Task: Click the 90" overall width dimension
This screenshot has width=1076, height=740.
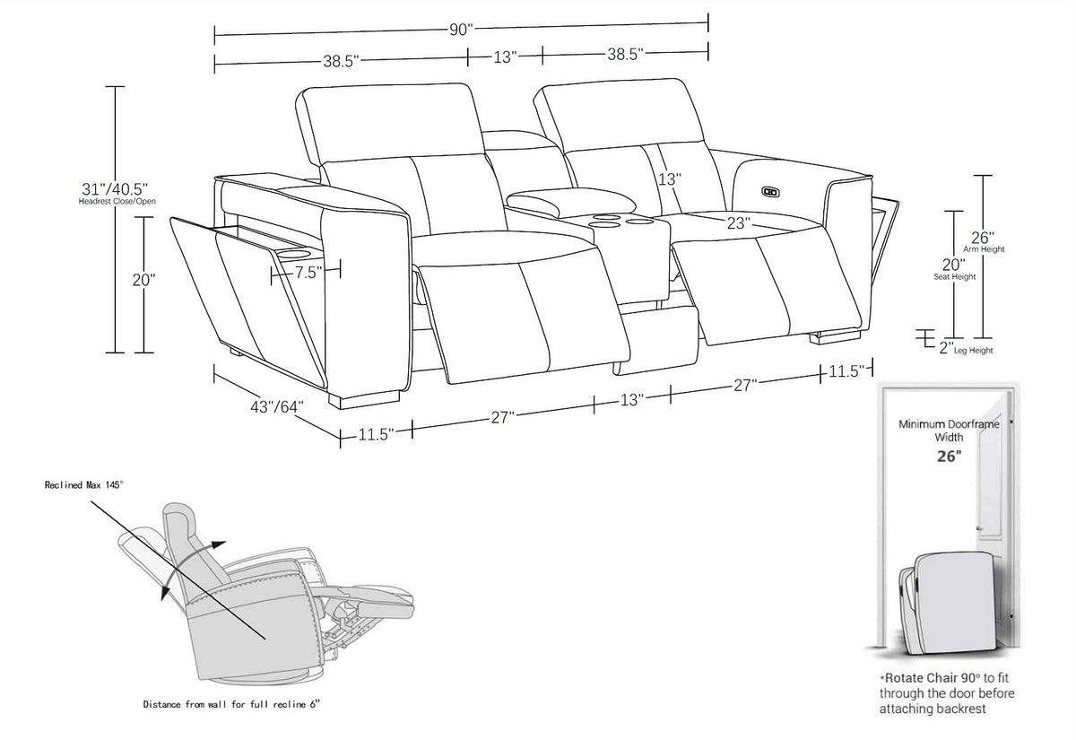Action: tap(461, 30)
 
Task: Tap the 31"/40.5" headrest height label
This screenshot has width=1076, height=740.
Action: tap(115, 188)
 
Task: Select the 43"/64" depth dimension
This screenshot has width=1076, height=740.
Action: tap(277, 407)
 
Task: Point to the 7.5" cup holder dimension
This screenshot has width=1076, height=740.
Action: tap(308, 273)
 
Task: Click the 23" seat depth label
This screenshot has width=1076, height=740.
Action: tap(738, 223)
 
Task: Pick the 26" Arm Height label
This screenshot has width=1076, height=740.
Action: tap(984, 241)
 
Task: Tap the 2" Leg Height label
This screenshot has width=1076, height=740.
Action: tap(966, 348)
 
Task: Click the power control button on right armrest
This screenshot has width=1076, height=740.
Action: tap(770, 192)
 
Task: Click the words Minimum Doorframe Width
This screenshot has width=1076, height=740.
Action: tap(949, 431)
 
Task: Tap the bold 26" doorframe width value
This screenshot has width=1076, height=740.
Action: tap(950, 456)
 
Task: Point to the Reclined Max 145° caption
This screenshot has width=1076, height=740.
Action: tap(84, 485)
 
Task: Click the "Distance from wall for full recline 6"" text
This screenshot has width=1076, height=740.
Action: tap(231, 704)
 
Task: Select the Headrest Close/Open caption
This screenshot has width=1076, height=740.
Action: tap(117, 201)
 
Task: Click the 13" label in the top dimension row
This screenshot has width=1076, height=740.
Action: tap(505, 57)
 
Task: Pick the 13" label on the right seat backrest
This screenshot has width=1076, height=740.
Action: tap(669, 179)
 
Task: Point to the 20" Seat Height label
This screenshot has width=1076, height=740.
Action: tap(954, 269)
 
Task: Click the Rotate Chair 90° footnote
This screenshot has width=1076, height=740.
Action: tap(946, 692)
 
